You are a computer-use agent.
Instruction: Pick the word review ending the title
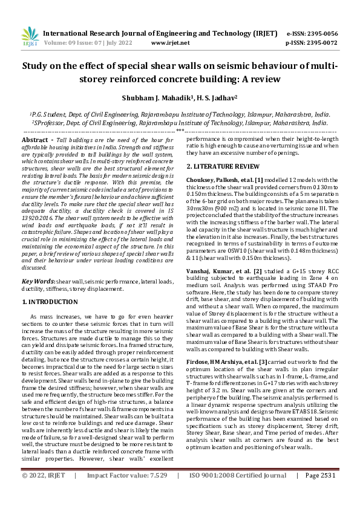(x=263, y=79)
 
